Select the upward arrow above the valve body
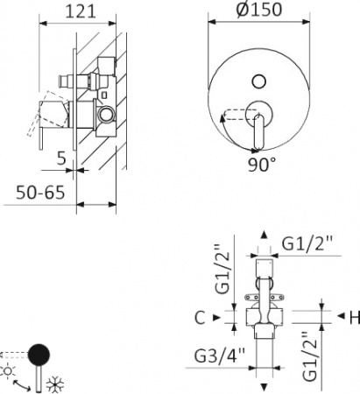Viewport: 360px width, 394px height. pyautogui.click(x=266, y=236)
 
